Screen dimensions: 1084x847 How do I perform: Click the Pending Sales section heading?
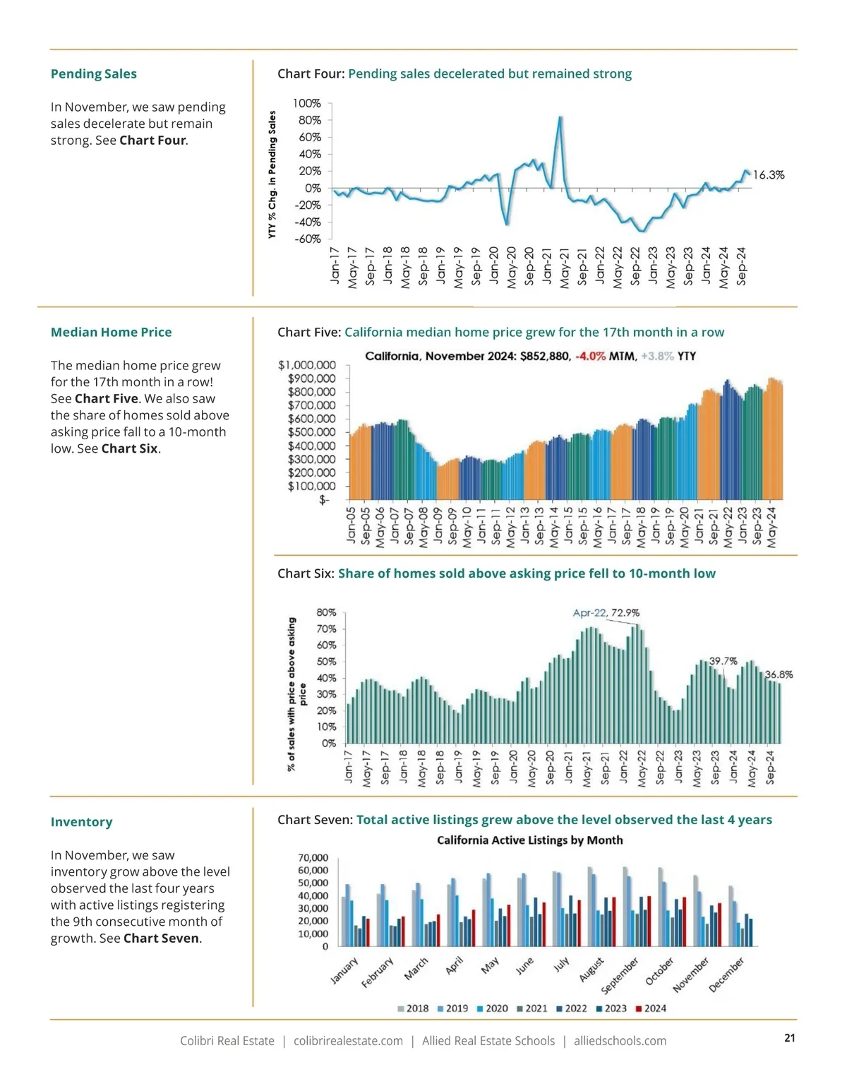coord(94,74)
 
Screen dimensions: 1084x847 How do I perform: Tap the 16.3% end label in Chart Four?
coord(769,175)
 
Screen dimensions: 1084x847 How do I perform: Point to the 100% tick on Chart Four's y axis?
coord(307,104)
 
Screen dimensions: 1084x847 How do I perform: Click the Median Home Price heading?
coord(112,333)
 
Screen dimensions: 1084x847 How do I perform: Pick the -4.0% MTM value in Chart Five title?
coord(591,357)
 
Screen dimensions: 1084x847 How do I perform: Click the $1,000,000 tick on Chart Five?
coord(307,366)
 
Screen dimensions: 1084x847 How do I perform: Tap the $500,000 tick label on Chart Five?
coord(311,432)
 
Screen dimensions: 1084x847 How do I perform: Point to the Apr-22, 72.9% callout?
coord(606,613)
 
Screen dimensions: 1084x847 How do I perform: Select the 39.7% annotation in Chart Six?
coord(723,662)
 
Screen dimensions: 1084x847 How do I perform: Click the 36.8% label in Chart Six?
coord(779,675)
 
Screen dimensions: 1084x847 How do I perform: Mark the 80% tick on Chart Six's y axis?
coord(326,613)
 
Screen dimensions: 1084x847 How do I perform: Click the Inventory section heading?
coord(82,823)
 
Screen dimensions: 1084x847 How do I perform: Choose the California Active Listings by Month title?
coord(529,840)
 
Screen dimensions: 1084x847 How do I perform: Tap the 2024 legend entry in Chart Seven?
coord(651,1008)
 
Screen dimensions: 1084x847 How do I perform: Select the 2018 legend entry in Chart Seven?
coord(413,1008)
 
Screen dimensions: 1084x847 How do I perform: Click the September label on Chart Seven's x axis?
coord(620,975)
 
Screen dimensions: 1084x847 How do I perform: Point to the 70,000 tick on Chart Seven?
coord(313,858)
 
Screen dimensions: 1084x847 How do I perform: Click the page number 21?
coord(790,1038)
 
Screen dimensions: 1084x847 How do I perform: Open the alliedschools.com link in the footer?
coord(620,1041)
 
